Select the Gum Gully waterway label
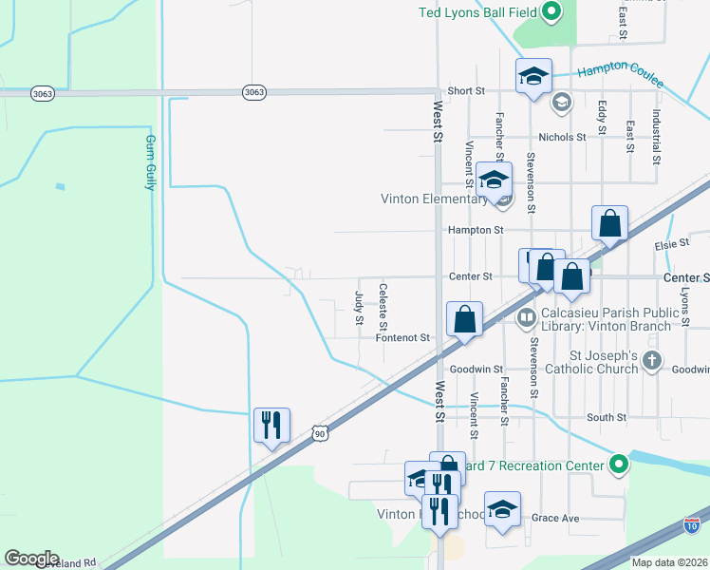coord(150,161)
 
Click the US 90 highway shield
coord(321,433)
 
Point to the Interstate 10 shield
coord(691,523)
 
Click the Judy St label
coord(359,307)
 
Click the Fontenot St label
coord(403,337)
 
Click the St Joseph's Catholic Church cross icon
coord(651,360)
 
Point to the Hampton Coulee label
coord(622,68)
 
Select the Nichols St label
coord(564,137)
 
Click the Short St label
coord(466,91)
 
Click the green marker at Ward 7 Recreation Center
coord(619,465)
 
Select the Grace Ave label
coord(555,518)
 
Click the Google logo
coord(31,559)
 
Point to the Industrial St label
coord(656,134)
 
